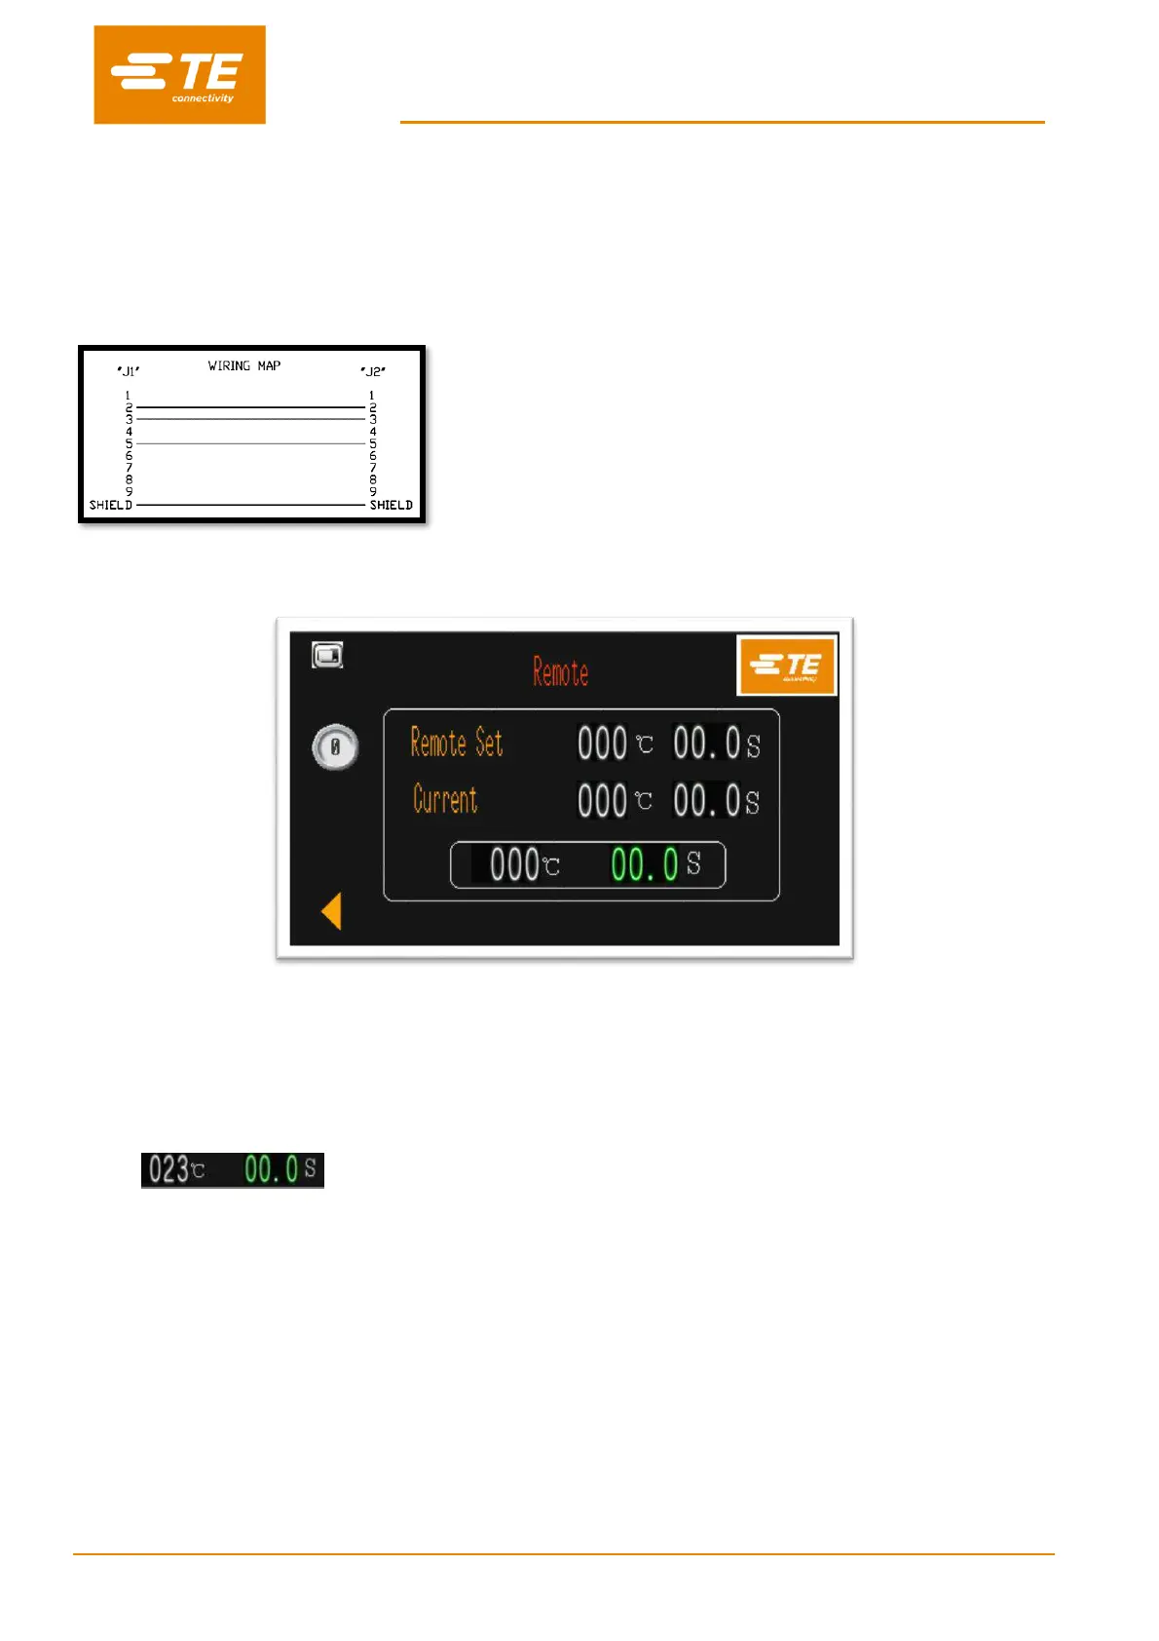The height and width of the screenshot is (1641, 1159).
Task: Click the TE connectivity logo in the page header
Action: click(179, 75)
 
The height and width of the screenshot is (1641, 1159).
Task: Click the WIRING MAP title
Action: click(243, 366)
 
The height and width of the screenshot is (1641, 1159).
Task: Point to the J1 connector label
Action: click(129, 371)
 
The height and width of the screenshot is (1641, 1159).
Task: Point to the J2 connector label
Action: click(373, 371)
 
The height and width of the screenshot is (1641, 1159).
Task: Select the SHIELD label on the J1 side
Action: click(110, 505)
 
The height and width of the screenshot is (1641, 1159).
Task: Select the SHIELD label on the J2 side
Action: click(391, 505)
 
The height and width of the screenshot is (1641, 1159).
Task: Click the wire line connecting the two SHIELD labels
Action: click(250, 505)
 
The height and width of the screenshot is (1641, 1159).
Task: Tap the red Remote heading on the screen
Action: click(560, 672)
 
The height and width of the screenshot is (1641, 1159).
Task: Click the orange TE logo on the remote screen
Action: click(787, 667)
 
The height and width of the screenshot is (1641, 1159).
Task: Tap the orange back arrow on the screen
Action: click(332, 912)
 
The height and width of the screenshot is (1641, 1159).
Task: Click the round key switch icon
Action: click(335, 748)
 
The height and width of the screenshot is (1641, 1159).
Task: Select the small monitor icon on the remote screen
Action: click(327, 655)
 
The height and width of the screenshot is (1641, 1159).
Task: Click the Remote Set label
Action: click(457, 744)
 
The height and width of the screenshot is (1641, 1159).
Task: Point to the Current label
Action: click(445, 800)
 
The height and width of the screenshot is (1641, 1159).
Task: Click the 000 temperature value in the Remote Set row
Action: click(602, 744)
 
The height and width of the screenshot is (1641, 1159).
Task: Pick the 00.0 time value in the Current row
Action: click(707, 801)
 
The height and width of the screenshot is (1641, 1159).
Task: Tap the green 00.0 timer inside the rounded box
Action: click(644, 864)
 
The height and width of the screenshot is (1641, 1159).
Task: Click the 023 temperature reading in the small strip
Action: click(168, 1169)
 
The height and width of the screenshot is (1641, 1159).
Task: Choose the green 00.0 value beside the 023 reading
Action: click(271, 1169)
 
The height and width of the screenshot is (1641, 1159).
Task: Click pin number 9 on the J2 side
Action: click(372, 492)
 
